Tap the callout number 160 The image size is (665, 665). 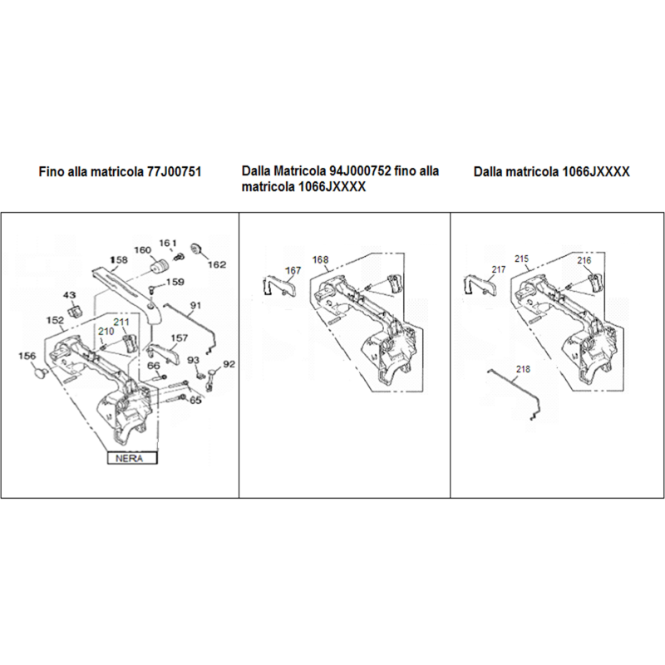141,250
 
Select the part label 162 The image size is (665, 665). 216,264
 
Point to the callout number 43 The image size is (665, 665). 70,295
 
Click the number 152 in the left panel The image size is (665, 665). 56,320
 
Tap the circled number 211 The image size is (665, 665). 121,323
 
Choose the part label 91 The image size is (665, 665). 196,306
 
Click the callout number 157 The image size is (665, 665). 180,338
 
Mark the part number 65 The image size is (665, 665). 196,400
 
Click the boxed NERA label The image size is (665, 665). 130,456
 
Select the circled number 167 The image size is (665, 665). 293,270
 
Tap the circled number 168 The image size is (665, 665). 320,260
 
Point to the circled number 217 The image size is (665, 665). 499,270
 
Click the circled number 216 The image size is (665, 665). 584,260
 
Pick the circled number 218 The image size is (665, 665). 522,368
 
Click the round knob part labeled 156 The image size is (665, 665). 39,376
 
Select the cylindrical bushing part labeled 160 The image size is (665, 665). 160,266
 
